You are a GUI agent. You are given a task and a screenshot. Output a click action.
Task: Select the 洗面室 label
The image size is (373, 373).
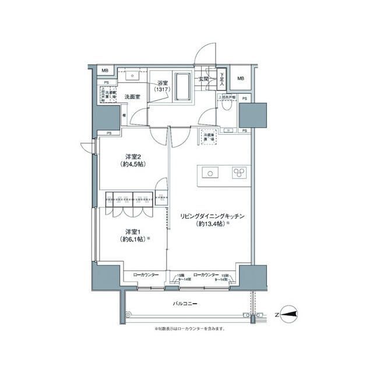132,96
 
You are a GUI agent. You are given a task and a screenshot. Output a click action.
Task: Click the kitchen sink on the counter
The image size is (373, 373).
210,172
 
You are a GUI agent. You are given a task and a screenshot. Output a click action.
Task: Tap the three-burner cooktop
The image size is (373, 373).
239,172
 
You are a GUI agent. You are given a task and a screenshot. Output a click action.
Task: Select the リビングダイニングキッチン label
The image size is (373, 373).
211,216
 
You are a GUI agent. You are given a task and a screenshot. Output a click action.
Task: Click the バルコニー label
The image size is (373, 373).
185,304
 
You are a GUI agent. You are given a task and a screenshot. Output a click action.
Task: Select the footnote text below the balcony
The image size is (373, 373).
189,328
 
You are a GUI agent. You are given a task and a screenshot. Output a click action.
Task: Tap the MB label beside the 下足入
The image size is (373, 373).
241,79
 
